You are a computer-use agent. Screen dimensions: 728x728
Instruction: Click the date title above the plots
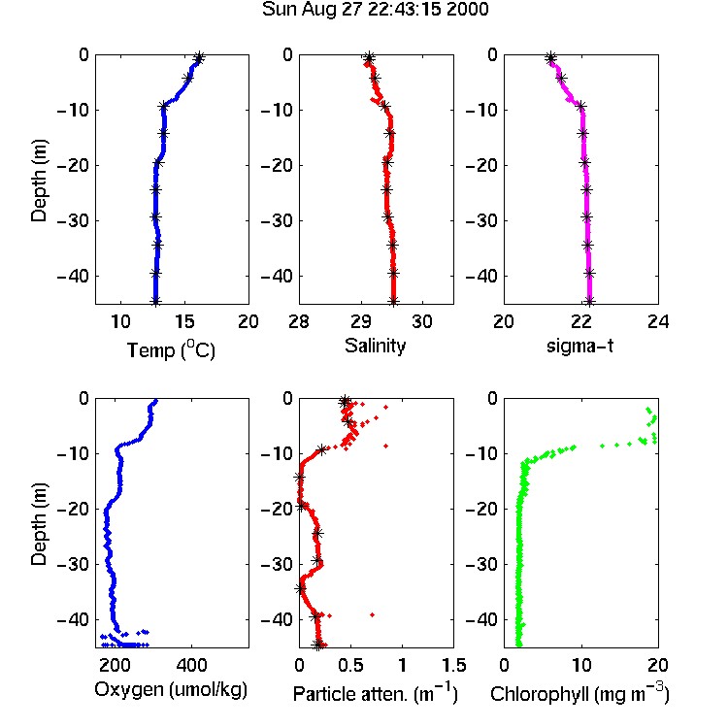click(x=375, y=9)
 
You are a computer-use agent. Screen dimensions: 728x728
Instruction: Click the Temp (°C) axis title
click(x=171, y=350)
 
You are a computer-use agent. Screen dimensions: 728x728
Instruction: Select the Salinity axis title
click(x=375, y=347)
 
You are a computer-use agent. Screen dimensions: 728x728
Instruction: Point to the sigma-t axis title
click(x=579, y=346)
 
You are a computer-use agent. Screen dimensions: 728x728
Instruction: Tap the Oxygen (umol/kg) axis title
click(x=171, y=689)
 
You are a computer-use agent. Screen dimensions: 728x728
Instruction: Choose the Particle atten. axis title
click(x=376, y=693)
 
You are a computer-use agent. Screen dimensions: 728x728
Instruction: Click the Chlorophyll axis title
click(x=579, y=693)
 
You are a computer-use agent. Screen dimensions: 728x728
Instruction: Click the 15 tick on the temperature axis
click(x=184, y=321)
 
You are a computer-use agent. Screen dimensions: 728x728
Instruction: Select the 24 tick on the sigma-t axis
click(x=658, y=321)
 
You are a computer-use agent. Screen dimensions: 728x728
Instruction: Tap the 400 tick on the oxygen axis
click(x=191, y=665)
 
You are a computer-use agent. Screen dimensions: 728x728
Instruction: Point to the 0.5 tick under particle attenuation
click(x=350, y=665)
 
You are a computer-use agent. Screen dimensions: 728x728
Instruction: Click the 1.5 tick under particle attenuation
click(x=453, y=665)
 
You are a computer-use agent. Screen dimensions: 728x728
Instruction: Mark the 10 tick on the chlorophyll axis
click(x=581, y=665)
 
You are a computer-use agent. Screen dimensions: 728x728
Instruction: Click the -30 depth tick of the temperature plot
click(x=73, y=220)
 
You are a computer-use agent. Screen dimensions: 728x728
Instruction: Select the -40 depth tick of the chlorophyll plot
click(x=481, y=619)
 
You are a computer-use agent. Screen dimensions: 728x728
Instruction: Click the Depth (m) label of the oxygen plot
click(x=39, y=524)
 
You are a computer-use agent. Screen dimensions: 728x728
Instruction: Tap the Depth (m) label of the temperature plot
click(x=39, y=181)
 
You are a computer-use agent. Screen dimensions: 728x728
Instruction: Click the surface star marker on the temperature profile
click(x=199, y=58)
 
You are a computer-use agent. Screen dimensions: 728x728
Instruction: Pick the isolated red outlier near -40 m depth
click(x=373, y=614)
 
